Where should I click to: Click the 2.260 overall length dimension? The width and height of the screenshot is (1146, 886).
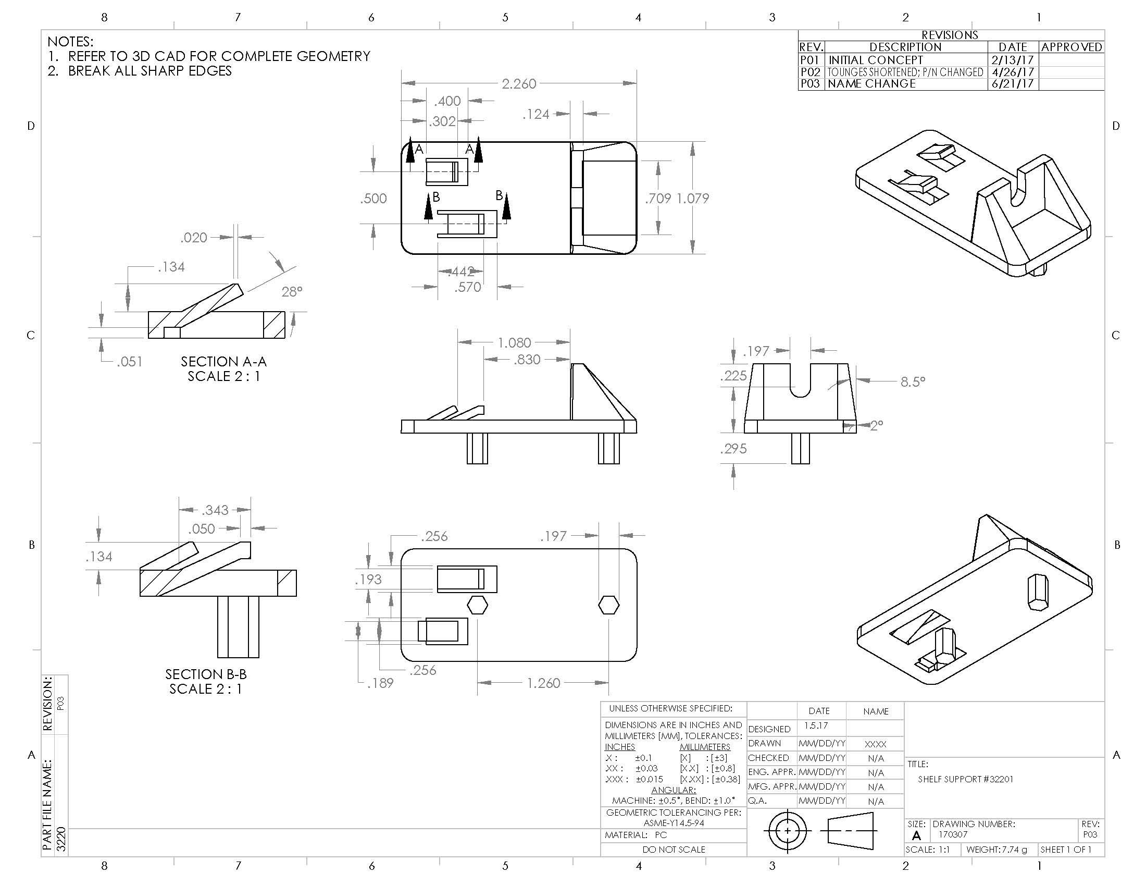coord(518,84)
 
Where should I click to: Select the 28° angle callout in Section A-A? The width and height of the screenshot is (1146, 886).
coord(292,291)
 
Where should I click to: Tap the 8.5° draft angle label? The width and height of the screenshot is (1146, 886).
coord(913,382)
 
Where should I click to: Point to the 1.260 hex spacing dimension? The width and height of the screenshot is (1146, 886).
coord(543,683)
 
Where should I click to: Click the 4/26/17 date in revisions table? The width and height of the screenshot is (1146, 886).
coord(1012,72)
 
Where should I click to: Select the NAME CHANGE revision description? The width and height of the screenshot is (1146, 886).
coord(871,84)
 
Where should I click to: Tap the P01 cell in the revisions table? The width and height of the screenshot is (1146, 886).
coord(809,60)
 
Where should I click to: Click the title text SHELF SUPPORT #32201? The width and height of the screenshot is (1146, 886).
coord(965,779)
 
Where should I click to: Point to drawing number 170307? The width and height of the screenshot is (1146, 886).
coord(952,834)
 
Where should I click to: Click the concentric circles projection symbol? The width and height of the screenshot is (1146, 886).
coord(787,831)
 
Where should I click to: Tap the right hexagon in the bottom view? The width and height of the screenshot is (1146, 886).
coord(608,605)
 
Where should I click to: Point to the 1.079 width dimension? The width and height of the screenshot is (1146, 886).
coord(692,199)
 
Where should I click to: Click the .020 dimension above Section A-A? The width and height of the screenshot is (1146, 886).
coord(194,238)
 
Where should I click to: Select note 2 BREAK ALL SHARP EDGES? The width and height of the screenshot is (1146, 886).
coord(140,71)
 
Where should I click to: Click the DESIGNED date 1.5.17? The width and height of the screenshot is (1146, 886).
coord(816,725)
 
